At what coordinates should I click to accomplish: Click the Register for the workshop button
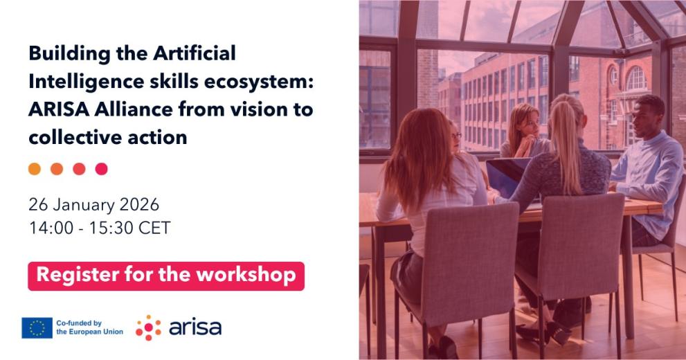pos(166,276)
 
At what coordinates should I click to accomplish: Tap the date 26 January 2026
pos(94,205)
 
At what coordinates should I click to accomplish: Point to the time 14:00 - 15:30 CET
pos(100,228)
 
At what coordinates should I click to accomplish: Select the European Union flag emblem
pos(37,327)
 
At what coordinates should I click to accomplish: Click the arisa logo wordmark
pos(195,327)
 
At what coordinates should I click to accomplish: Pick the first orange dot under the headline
pos(35,169)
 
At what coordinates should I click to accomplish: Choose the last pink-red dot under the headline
pos(102,169)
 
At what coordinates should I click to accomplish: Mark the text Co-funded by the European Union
pos(89,327)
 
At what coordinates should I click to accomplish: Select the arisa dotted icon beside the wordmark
pos(148,327)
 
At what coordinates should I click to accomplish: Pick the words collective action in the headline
pos(108,137)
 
